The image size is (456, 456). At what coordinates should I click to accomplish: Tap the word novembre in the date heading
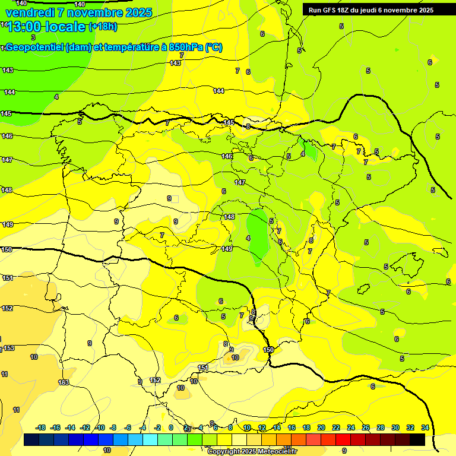pyautogui.click(x=95, y=12)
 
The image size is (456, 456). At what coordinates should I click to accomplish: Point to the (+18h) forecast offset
pyautogui.click(x=103, y=27)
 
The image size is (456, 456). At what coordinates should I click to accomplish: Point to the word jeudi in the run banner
pyautogui.click(x=380, y=10)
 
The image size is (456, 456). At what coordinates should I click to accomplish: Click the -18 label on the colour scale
pyautogui.click(x=41, y=427)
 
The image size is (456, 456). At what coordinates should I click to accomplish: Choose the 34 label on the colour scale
pyautogui.click(x=425, y=427)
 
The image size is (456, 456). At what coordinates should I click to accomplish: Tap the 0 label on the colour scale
pyautogui.click(x=171, y=427)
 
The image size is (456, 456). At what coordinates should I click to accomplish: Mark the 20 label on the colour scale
pyautogui.click(x=321, y=427)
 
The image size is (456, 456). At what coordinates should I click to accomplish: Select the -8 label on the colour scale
pyautogui.click(x=113, y=427)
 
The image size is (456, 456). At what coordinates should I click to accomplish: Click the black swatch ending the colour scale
pyautogui.click(x=417, y=440)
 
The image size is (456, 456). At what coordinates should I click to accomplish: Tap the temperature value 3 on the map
pyautogui.click(x=33, y=37)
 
